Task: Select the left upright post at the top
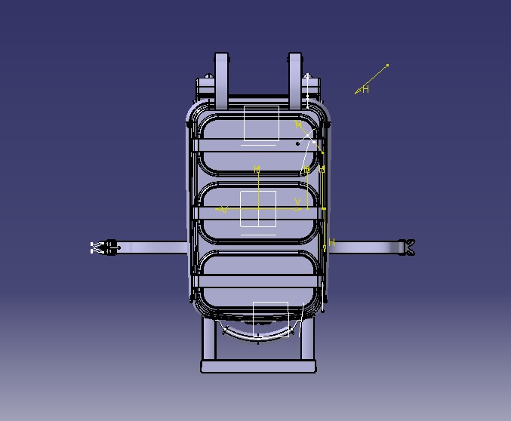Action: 221,79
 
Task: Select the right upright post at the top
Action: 294,79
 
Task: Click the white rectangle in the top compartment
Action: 261,124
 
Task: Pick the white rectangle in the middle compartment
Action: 258,209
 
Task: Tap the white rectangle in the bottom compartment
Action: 270,318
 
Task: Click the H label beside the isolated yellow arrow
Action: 365,90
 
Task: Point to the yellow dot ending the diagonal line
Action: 387,65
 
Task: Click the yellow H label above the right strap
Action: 331,243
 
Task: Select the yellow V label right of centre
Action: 298,202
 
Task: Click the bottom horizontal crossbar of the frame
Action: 258,367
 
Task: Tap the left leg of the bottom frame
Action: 208,340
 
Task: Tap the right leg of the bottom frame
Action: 308,340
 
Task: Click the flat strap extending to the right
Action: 362,247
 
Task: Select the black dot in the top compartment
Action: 297,143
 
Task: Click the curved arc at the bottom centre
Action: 257,333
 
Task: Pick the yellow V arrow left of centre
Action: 223,209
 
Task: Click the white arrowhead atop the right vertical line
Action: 308,75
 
